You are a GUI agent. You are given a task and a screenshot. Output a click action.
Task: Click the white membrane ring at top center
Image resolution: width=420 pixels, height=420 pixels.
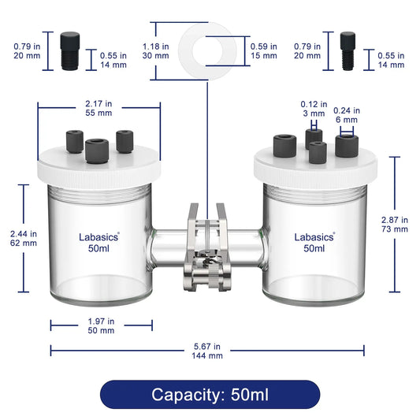tap(188, 51)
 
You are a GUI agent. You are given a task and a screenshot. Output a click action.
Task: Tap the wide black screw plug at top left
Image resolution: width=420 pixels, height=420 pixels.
tap(70, 51)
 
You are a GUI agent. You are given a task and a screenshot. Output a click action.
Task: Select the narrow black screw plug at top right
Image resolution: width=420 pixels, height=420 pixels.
tap(348, 51)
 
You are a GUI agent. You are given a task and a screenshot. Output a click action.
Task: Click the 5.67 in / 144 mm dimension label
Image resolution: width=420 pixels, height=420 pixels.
tap(207, 351)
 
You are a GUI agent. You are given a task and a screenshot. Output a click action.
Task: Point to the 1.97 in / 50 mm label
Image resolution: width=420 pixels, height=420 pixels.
tap(101, 325)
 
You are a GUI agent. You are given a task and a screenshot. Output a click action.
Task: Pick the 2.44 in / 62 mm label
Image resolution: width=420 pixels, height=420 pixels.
tap(24, 239)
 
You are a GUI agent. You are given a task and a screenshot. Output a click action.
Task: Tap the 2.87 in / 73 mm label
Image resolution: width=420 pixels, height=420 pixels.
tap(395, 225)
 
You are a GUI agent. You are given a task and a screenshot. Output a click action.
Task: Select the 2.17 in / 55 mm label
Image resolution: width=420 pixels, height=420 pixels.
tap(98, 108)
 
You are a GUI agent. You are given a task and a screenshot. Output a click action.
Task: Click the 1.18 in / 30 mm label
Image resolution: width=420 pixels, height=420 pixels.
tap(155, 51)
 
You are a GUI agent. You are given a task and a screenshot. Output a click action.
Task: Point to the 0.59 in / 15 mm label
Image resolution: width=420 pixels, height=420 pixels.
tap(263, 51)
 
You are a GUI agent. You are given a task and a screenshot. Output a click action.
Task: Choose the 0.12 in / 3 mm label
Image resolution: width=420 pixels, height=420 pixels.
tap(314, 109)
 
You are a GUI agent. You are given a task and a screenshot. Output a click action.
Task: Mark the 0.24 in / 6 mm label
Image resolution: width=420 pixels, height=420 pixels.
tap(347, 115)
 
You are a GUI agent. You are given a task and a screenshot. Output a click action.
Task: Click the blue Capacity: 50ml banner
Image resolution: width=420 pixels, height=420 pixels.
tap(210, 394)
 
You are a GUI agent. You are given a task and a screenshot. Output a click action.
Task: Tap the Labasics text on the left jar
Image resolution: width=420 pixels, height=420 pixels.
tap(98, 237)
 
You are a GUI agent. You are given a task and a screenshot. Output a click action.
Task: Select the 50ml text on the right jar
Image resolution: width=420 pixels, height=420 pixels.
tap(314, 248)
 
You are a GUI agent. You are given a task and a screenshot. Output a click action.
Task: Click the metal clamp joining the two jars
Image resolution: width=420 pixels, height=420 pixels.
tap(206, 247)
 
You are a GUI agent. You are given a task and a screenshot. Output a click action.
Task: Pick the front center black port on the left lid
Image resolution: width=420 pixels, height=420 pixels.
tap(97, 151)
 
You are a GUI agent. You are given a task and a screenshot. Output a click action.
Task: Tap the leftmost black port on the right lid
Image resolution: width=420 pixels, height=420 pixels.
tap(284, 146)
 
